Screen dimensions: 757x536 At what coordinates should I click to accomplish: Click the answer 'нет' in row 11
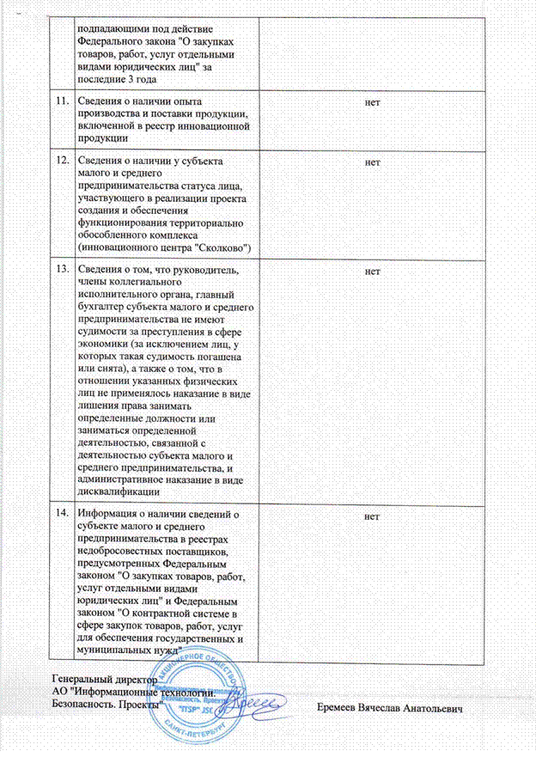[x=373, y=102]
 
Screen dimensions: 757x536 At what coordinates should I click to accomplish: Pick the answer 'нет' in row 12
[x=373, y=161]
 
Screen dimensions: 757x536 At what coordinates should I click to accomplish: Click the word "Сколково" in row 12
[x=221, y=247]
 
